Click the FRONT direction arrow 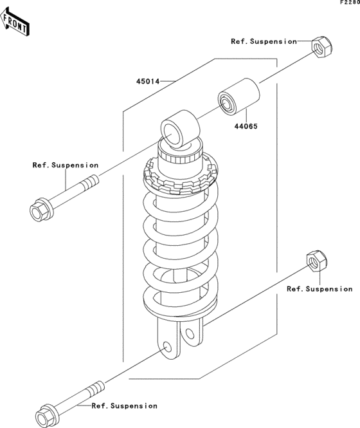[14, 22]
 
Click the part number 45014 [148, 81]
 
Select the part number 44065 [246, 126]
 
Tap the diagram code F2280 [350, 3]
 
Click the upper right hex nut [322, 47]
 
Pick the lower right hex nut [317, 261]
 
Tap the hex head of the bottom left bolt [47, 415]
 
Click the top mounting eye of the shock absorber [180, 129]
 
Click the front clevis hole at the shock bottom [167, 348]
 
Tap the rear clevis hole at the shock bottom [189, 333]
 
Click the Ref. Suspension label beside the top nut [264, 41]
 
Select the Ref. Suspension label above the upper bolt [66, 165]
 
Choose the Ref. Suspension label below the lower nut [319, 289]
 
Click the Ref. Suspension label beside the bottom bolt [124, 406]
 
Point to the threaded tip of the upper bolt [91, 181]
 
